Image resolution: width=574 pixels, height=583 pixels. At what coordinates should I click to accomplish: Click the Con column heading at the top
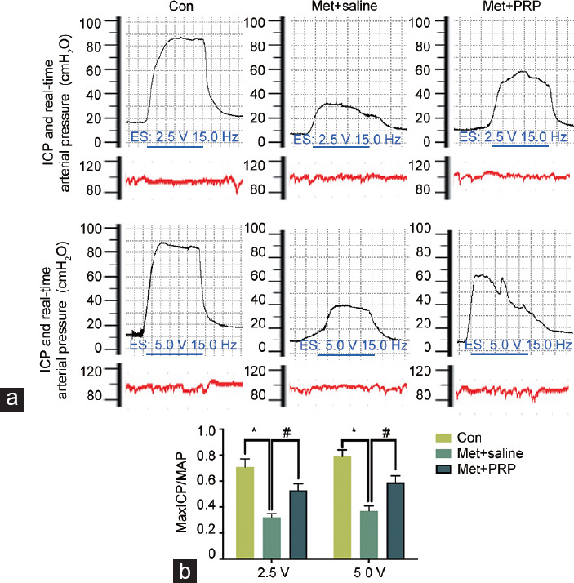coord(181,6)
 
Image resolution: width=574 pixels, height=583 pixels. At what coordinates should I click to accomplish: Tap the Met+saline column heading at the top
coord(345,6)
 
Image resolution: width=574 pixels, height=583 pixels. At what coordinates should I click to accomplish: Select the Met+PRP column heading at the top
coord(512,6)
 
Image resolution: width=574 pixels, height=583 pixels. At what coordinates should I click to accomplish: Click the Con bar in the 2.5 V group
coord(245,512)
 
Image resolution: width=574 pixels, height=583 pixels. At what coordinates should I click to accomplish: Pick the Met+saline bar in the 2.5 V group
coord(272,537)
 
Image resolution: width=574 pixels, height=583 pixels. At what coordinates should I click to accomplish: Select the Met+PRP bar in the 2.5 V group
coord(298,524)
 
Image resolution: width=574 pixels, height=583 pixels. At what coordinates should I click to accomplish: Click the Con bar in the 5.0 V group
coord(342,507)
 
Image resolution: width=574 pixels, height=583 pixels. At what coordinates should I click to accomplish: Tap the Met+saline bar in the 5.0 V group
coord(369,534)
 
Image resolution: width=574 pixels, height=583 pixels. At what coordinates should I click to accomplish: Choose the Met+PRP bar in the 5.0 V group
coord(395,520)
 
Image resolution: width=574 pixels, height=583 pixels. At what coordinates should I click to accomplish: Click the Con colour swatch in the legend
coord(443,438)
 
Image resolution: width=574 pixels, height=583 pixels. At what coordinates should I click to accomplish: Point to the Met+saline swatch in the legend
coord(443,453)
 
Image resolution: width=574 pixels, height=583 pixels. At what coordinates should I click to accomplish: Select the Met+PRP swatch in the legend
coord(443,469)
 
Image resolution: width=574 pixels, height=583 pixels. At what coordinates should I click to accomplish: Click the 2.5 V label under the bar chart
coord(273,572)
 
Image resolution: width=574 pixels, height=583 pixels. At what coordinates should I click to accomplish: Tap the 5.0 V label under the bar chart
coord(370,572)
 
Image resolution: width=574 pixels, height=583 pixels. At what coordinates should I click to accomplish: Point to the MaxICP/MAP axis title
coord(181,492)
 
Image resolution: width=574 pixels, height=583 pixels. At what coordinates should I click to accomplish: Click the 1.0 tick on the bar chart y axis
coord(207,431)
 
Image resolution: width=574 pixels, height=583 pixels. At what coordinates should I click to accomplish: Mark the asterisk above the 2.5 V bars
coord(254,431)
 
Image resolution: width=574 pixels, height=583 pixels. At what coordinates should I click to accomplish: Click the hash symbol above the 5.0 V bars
coord(387,432)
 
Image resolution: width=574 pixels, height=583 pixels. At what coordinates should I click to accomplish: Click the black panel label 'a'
coord(12,399)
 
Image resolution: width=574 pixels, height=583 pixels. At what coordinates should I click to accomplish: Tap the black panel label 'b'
coord(185,571)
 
